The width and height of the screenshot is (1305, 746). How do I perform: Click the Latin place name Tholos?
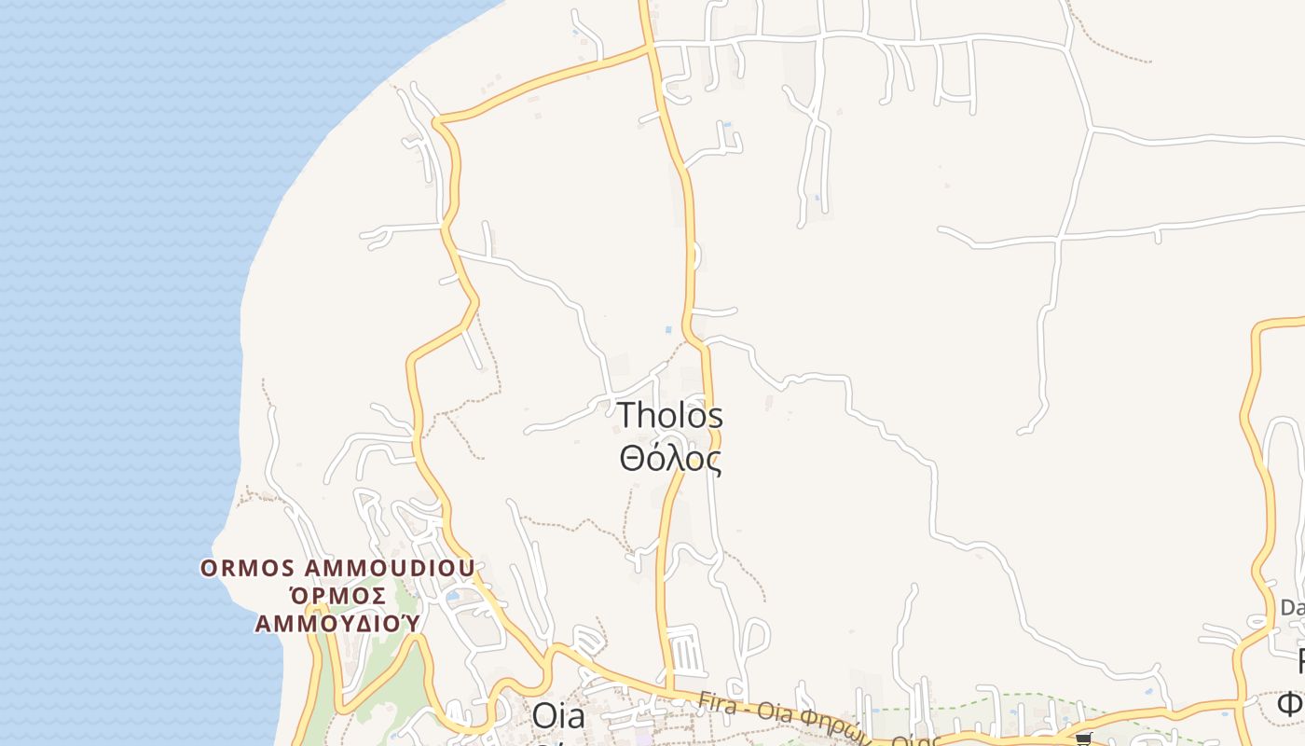pyautogui.click(x=670, y=416)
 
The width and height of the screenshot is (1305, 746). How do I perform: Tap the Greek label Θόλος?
pyautogui.click(x=670, y=459)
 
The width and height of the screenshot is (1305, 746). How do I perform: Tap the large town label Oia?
pyautogui.click(x=558, y=716)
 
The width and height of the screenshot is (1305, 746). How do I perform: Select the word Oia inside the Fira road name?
pyautogui.click(x=767, y=714)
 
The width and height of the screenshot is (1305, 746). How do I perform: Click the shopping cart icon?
pyautogui.click(x=1083, y=739)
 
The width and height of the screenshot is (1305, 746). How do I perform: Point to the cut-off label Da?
pyautogui.click(x=1292, y=608)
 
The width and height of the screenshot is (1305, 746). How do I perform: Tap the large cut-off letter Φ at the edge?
pyautogui.click(x=1292, y=701)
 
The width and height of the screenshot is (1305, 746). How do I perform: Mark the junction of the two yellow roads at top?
pyautogui.click(x=651, y=47)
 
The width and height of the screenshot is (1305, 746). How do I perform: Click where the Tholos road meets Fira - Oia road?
pyautogui.click(x=669, y=692)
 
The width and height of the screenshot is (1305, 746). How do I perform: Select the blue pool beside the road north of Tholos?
pyautogui.click(x=668, y=329)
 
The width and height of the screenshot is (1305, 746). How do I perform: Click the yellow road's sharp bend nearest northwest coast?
pyautogui.click(x=437, y=121)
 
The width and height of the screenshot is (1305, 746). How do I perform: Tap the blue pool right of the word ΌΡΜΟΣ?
pyautogui.click(x=453, y=595)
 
